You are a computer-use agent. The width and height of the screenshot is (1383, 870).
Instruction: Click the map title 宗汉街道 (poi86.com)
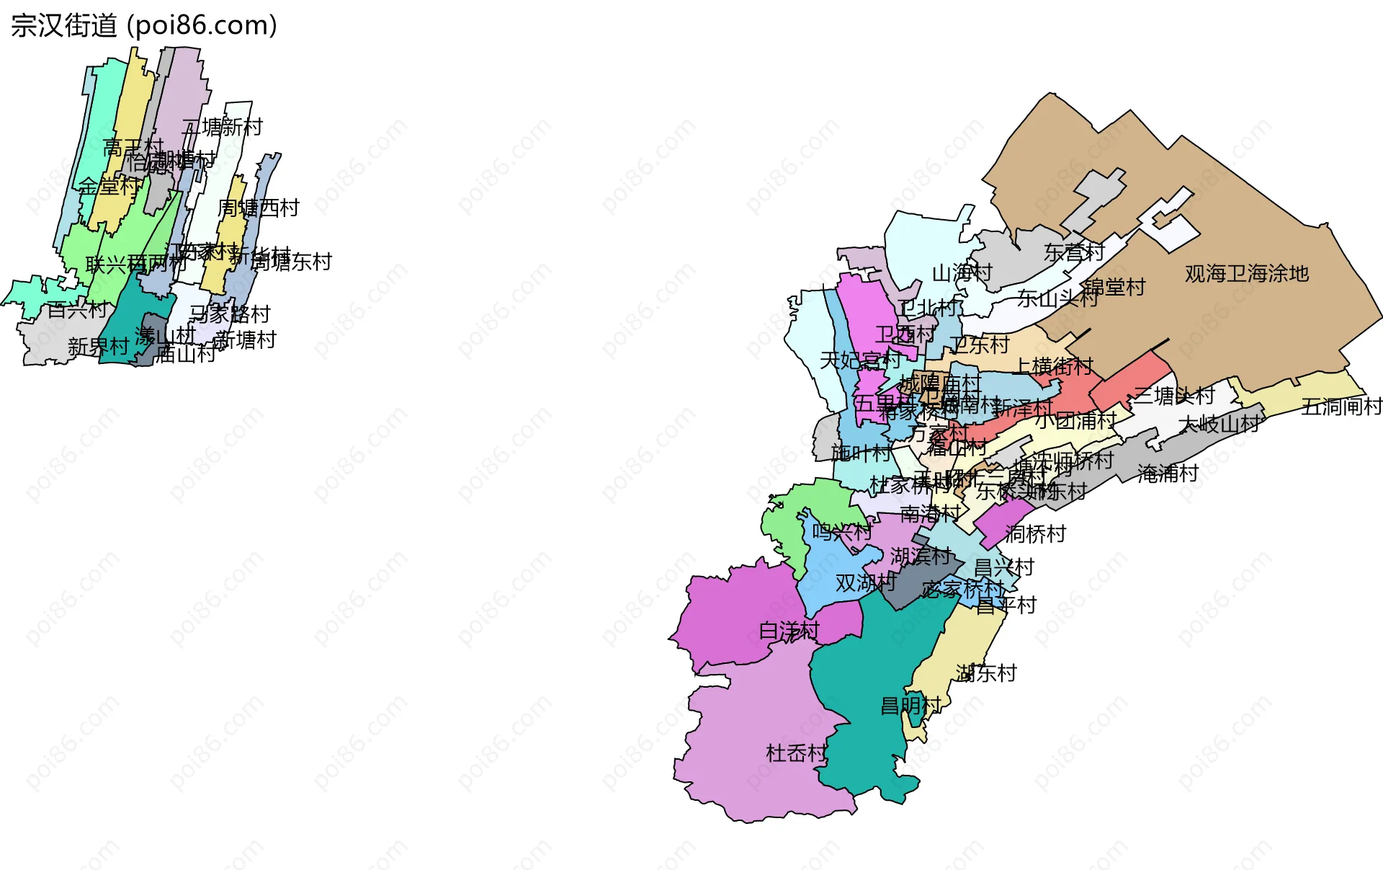[x=144, y=26]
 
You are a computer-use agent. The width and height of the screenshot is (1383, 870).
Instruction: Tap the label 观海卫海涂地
[x=1246, y=274]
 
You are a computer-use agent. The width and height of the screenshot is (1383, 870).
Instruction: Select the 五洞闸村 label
[x=1341, y=407]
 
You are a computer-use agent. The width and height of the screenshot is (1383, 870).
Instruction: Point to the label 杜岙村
[x=796, y=753]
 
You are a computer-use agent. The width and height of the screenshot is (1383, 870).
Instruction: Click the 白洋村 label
[x=789, y=631]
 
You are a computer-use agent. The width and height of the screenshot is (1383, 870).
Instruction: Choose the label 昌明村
[x=910, y=705]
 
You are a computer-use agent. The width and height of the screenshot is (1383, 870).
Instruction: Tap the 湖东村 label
[x=986, y=673]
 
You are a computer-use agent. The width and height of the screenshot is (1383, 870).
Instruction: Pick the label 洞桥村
[x=1035, y=534]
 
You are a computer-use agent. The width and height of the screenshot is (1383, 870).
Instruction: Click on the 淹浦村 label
[x=1168, y=474]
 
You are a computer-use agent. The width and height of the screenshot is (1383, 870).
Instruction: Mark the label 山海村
[x=962, y=273]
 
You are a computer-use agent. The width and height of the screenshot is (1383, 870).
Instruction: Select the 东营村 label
[x=1074, y=252]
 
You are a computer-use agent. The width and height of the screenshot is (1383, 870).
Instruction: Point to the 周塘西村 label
[x=258, y=208]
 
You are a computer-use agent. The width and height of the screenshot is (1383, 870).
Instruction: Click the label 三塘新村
[x=223, y=128]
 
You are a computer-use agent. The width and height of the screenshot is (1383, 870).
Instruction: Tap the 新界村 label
[x=98, y=347]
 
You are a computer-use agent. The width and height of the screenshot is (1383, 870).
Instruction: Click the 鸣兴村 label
[x=842, y=533]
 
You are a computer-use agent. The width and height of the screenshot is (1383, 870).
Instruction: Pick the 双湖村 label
[x=865, y=582]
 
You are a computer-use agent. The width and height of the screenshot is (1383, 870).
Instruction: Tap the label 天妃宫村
[x=860, y=360]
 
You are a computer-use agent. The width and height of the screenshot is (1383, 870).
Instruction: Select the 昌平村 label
[x=1006, y=605]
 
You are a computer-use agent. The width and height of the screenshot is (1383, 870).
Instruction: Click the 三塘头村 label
[x=1174, y=396]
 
